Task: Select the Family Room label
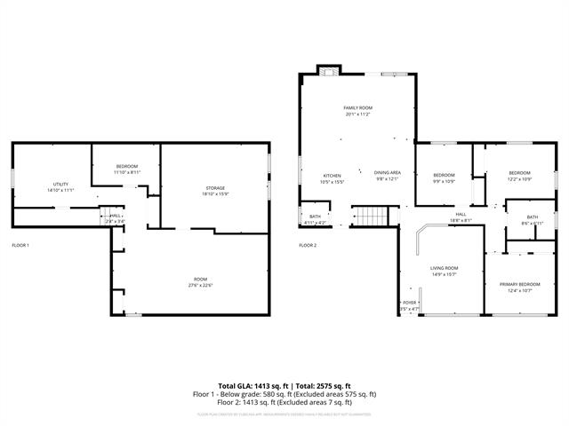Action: pos(357,108)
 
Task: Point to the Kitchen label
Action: pos(332,175)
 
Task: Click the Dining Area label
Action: pos(387,173)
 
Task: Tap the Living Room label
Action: pos(444,268)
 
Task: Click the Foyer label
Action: pos(410,303)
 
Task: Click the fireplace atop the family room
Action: pos(329,75)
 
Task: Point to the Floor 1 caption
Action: pos(20,245)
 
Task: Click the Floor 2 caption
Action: pos(308,245)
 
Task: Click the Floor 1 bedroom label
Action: pos(127,167)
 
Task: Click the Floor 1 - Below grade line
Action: pos(284,394)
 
